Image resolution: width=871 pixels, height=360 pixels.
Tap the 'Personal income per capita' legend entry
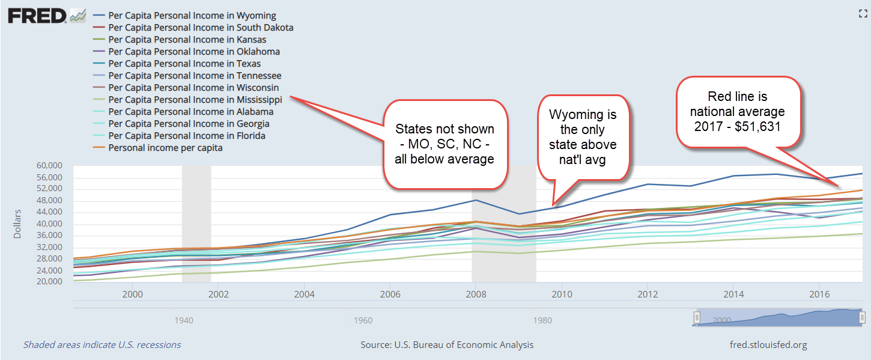[x=165, y=148]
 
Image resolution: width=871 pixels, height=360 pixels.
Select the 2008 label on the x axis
[x=476, y=294]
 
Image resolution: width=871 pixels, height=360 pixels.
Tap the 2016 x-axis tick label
[x=819, y=294]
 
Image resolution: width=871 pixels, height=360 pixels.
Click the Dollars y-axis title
[x=18, y=224]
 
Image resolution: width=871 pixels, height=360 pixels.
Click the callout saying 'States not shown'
[x=444, y=144]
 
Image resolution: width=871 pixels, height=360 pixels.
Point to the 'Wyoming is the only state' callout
[x=582, y=138]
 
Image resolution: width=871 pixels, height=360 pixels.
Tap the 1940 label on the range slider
[x=184, y=320]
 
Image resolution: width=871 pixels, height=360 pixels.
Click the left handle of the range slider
[x=697, y=317]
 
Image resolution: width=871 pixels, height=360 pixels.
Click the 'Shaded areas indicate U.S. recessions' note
[x=102, y=345]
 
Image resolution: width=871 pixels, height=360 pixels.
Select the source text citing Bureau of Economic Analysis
[x=446, y=345]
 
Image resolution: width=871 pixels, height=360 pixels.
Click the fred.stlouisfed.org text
[x=768, y=345]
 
